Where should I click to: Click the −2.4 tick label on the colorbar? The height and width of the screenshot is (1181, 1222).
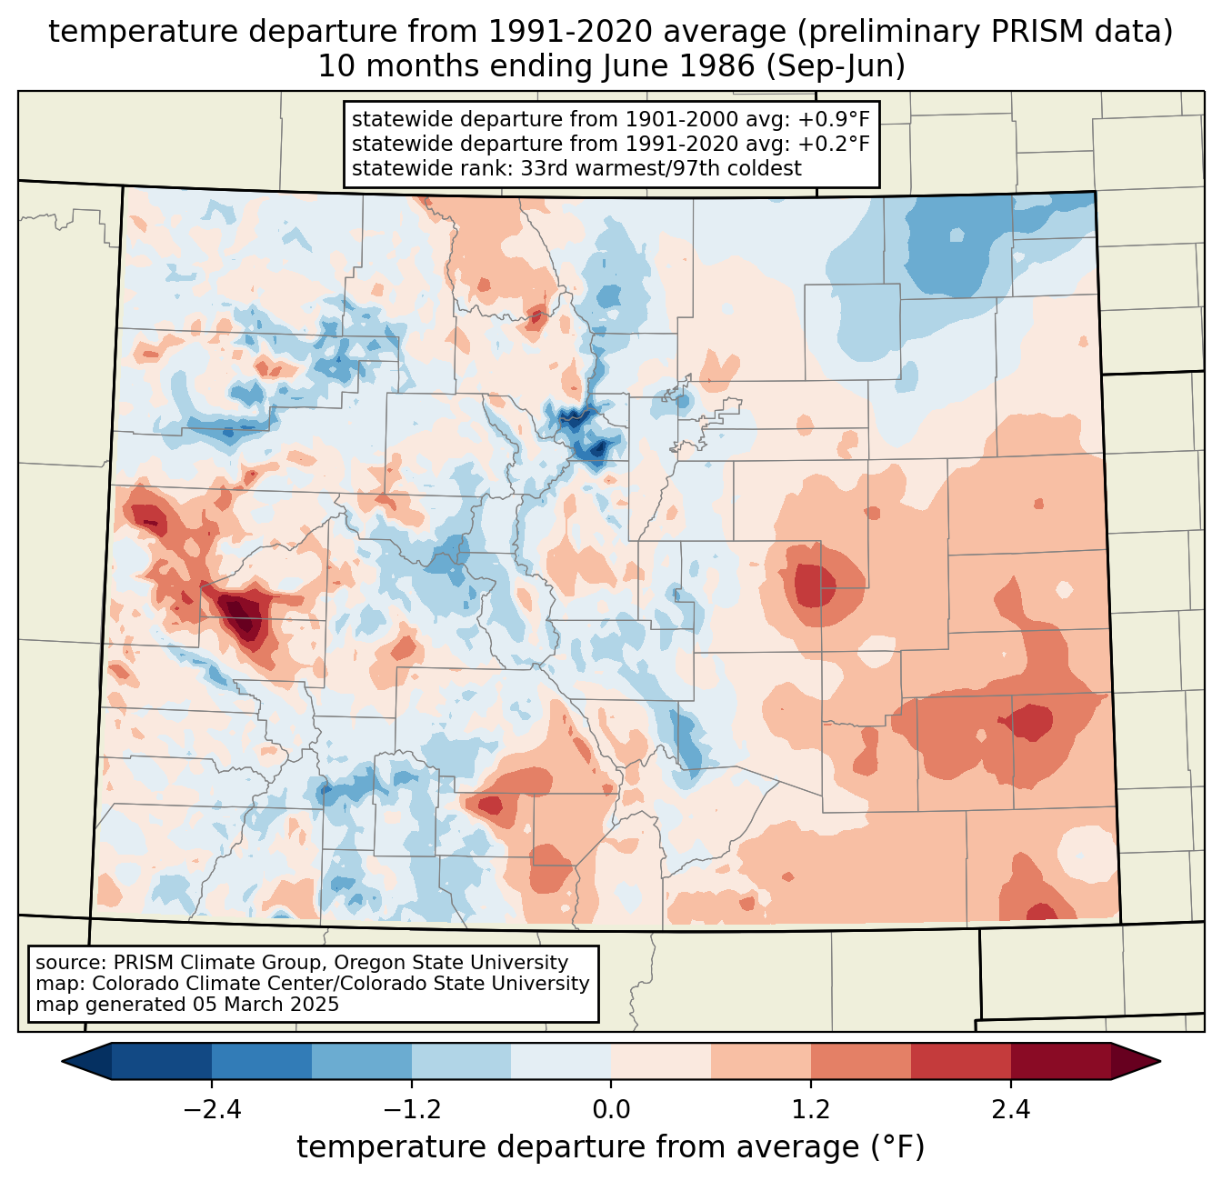212,1110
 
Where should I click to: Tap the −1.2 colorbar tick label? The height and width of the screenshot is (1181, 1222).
412,1110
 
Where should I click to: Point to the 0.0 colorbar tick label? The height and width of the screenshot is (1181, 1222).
611,1110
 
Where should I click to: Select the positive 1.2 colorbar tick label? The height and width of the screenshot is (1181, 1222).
811,1110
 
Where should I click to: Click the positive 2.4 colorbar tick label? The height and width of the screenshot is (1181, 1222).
1011,1110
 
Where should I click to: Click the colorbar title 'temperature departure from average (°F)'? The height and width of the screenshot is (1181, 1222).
611,1147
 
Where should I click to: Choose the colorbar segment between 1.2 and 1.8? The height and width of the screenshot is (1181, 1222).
861,1062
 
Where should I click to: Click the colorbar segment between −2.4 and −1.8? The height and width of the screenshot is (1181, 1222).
262,1062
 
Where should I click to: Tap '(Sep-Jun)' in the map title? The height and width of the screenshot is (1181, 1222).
836,66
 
